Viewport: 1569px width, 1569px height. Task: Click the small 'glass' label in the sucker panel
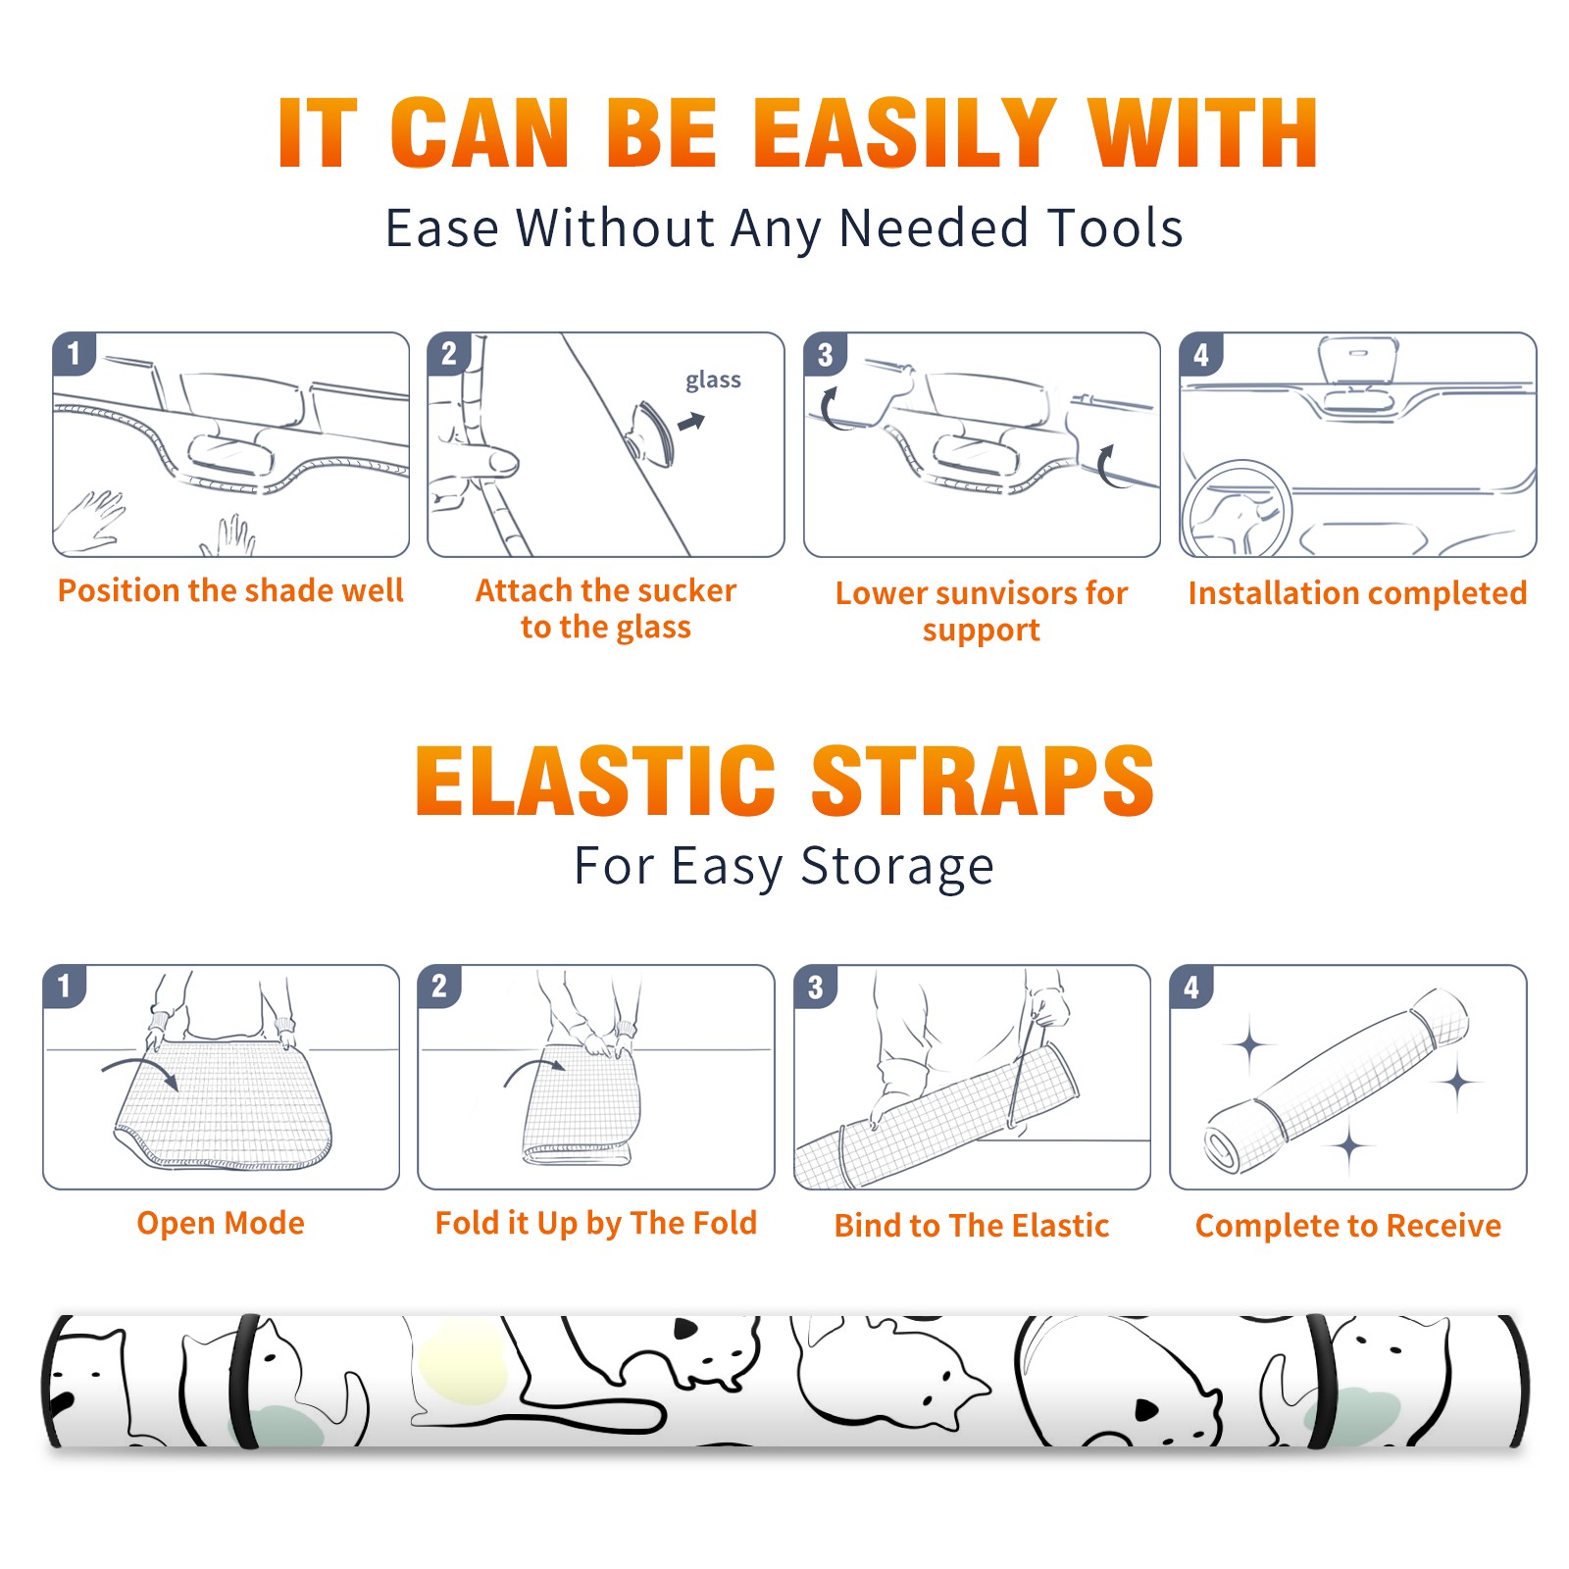pos(713,380)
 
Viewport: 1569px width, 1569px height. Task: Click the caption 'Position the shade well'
pos(230,590)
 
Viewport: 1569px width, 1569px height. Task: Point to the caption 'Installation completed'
pos(1357,592)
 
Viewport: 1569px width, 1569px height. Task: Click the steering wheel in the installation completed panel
pos(1237,508)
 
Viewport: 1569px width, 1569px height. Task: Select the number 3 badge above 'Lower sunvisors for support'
pos(825,355)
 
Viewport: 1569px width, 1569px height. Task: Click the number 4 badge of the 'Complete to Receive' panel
pos(1191,987)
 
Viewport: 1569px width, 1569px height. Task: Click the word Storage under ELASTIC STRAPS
pos(897,867)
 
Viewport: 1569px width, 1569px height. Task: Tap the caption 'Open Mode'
pos(221,1223)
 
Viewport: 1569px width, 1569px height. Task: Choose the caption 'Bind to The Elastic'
pos(972,1225)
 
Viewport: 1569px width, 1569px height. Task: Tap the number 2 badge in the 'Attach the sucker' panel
pos(449,354)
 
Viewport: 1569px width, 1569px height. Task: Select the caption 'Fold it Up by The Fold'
pos(596,1223)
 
